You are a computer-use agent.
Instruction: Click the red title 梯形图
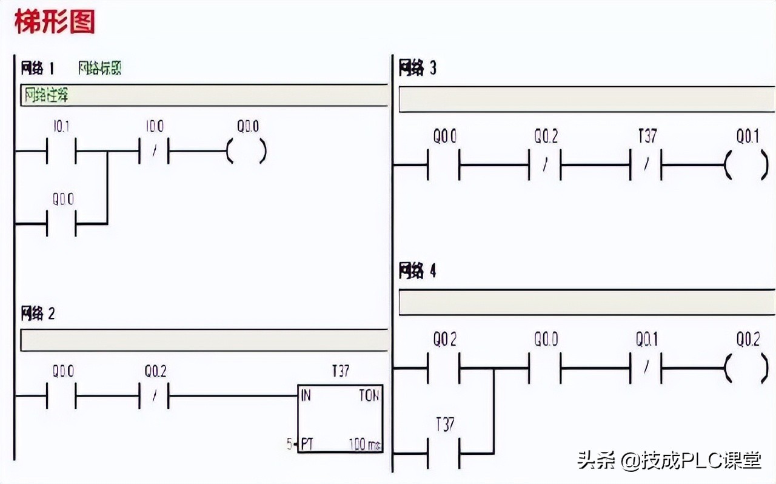(x=55, y=22)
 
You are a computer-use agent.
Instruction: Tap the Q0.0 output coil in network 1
(x=246, y=151)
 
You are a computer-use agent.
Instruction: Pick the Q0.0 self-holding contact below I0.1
(x=61, y=224)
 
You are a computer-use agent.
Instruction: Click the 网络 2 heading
(x=38, y=314)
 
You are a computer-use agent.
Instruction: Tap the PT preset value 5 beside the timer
(x=289, y=444)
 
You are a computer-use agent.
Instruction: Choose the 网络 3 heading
(x=417, y=68)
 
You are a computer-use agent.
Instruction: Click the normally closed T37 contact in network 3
(x=646, y=165)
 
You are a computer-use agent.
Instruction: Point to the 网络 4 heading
(x=417, y=271)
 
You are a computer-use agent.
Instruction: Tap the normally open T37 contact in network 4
(x=444, y=453)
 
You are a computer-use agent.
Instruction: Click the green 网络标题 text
(x=100, y=68)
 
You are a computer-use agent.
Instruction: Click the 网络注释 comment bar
(x=204, y=95)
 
